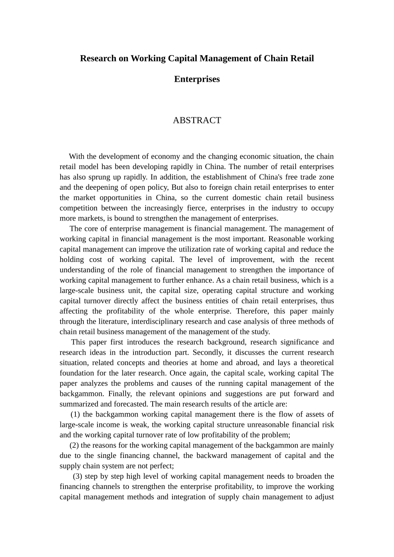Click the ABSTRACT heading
click(x=197, y=120)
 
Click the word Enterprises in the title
click(x=197, y=79)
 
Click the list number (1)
click(x=75, y=414)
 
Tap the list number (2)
click(x=74, y=445)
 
